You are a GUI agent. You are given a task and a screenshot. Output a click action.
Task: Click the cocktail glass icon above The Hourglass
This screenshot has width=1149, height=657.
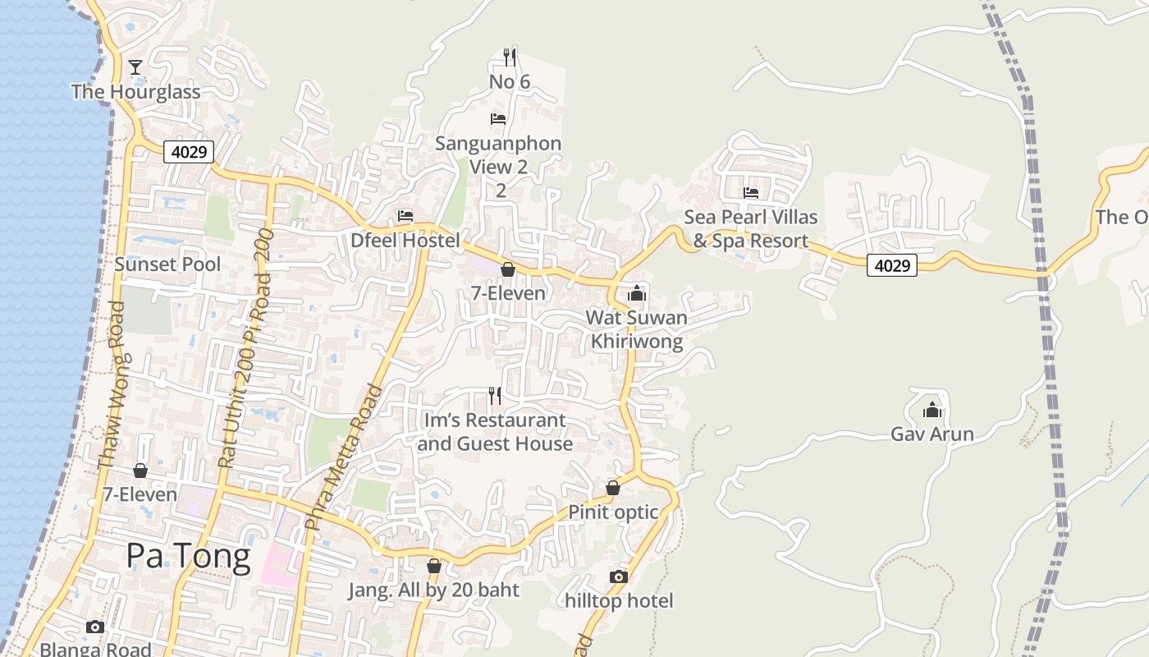(x=135, y=67)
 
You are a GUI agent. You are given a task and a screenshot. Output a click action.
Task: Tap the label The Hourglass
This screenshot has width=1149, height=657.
(x=135, y=91)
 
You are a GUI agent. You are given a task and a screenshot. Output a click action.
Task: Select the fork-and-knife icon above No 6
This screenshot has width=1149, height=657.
(x=510, y=57)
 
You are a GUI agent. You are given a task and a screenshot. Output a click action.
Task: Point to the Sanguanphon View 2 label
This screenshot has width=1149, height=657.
(x=498, y=155)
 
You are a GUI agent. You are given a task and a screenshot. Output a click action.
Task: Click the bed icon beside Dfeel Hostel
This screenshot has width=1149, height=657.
(x=405, y=216)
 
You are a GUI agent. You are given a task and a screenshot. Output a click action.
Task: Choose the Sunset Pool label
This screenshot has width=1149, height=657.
(x=167, y=264)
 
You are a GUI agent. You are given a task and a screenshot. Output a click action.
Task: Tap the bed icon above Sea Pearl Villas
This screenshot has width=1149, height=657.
(x=751, y=193)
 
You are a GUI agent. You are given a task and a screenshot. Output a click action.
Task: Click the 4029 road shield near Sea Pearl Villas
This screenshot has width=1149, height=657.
(x=892, y=265)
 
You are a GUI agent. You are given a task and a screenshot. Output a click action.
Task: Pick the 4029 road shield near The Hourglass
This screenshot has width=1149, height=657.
(x=189, y=152)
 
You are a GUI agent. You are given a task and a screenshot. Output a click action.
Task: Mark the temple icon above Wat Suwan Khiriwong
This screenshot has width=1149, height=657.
(x=637, y=292)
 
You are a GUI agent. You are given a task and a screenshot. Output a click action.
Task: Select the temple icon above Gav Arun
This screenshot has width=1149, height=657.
(x=932, y=409)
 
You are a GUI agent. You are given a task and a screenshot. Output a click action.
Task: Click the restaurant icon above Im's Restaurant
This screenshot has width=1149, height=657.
(x=495, y=396)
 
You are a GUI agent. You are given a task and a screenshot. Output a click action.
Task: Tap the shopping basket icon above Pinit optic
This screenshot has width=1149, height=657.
(x=612, y=488)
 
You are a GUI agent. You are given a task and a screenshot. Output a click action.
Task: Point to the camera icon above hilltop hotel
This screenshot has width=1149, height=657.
(x=619, y=577)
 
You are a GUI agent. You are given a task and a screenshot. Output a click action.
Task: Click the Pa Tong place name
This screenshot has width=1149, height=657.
(x=188, y=556)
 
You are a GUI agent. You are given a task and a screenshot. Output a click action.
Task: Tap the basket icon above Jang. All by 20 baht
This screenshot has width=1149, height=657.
(x=434, y=566)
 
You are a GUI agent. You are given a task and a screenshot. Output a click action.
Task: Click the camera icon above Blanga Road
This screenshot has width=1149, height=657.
(x=95, y=627)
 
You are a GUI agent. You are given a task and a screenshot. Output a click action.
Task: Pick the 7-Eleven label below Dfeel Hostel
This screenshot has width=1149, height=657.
(x=508, y=292)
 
